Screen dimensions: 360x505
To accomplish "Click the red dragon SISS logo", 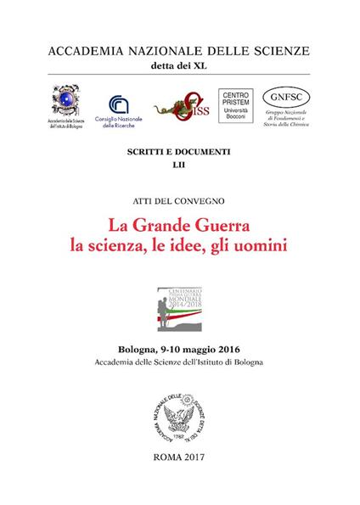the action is pos(179,107).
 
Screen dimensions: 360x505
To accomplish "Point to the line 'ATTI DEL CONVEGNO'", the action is pos(179,201).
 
